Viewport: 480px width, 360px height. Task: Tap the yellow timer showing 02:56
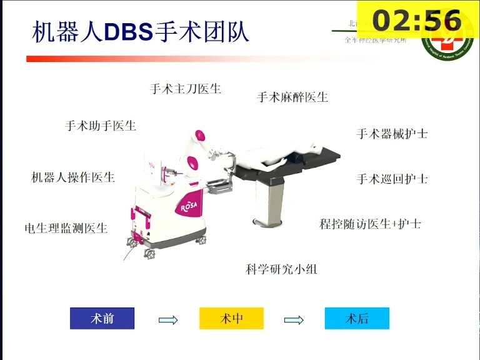click(417, 20)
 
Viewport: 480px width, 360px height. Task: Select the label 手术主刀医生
click(186, 89)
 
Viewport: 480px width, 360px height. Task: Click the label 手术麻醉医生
click(292, 97)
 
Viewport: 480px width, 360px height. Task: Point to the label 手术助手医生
click(101, 126)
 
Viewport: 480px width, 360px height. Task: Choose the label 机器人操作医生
click(73, 177)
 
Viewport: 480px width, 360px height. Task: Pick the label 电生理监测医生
click(66, 228)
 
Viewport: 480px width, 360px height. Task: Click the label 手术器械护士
click(392, 134)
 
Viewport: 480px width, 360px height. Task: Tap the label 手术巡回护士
click(392, 179)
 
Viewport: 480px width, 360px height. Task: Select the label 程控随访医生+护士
click(370, 223)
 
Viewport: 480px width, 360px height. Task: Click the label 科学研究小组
click(281, 269)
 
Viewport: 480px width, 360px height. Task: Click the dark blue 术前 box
click(102, 318)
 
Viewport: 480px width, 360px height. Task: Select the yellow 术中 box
click(231, 318)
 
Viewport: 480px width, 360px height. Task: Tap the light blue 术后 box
click(357, 318)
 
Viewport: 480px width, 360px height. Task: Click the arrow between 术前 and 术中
click(168, 320)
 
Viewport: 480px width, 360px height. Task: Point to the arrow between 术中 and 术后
click(294, 320)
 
